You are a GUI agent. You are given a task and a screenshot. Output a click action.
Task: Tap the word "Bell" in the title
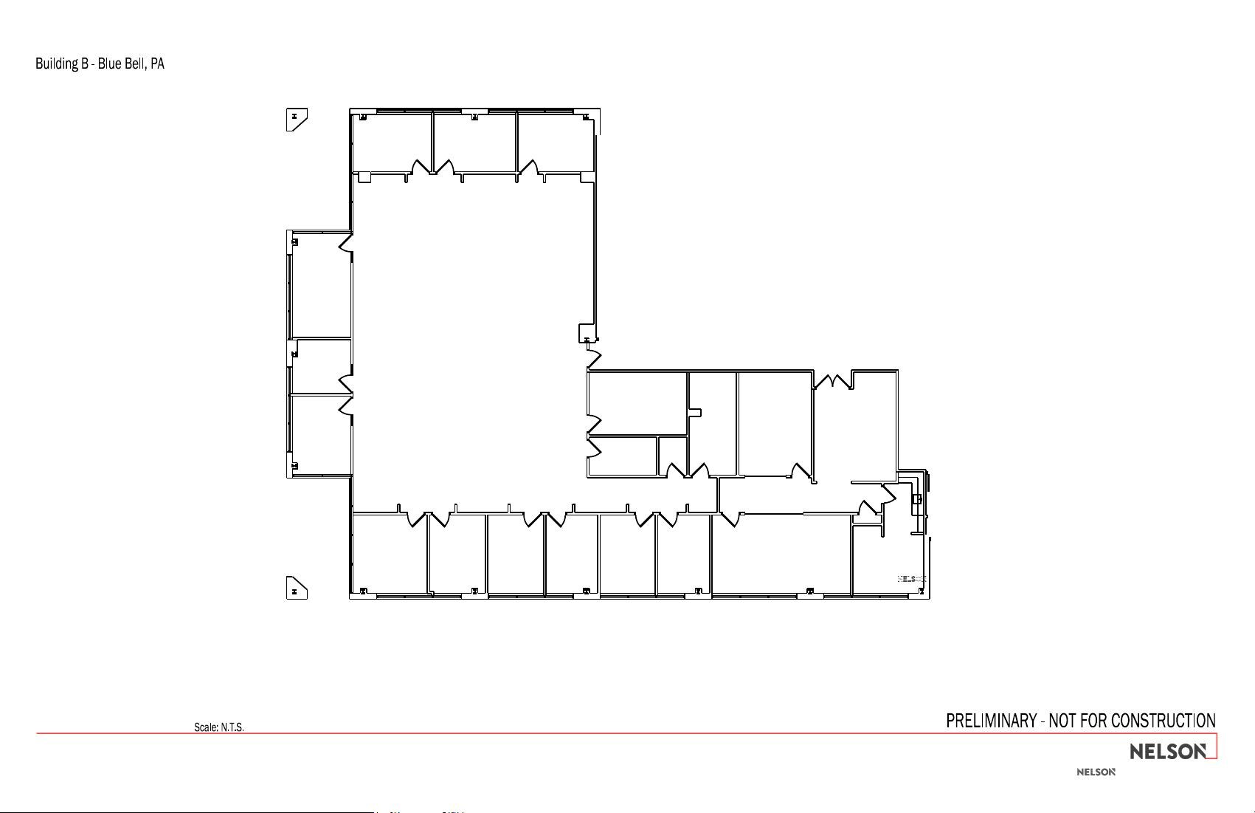pyautogui.click(x=135, y=64)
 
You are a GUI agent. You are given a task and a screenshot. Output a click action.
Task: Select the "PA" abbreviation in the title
pyautogui.click(x=157, y=64)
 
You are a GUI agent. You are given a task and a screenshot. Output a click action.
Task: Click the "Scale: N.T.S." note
pyautogui.click(x=219, y=727)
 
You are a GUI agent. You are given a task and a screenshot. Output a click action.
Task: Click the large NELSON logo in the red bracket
pyautogui.click(x=1169, y=752)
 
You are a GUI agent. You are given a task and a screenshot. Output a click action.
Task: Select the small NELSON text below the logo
pyautogui.click(x=1096, y=772)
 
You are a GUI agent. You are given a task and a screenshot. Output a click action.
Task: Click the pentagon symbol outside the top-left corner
pyautogui.click(x=296, y=119)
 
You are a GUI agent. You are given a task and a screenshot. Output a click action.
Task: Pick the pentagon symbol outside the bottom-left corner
pyautogui.click(x=296, y=588)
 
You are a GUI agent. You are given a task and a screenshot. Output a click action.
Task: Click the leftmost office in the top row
pyautogui.click(x=391, y=143)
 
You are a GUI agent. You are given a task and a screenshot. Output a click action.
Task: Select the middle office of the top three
pyautogui.click(x=474, y=143)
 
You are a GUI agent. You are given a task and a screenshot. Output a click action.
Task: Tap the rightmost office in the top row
pyautogui.click(x=555, y=143)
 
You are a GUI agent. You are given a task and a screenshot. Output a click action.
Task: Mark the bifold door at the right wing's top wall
pyautogui.click(x=832, y=381)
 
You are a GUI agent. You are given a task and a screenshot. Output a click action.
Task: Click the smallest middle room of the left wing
pyautogui.click(x=321, y=366)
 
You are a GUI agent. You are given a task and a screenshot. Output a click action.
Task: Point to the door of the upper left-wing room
pyautogui.click(x=345, y=243)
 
